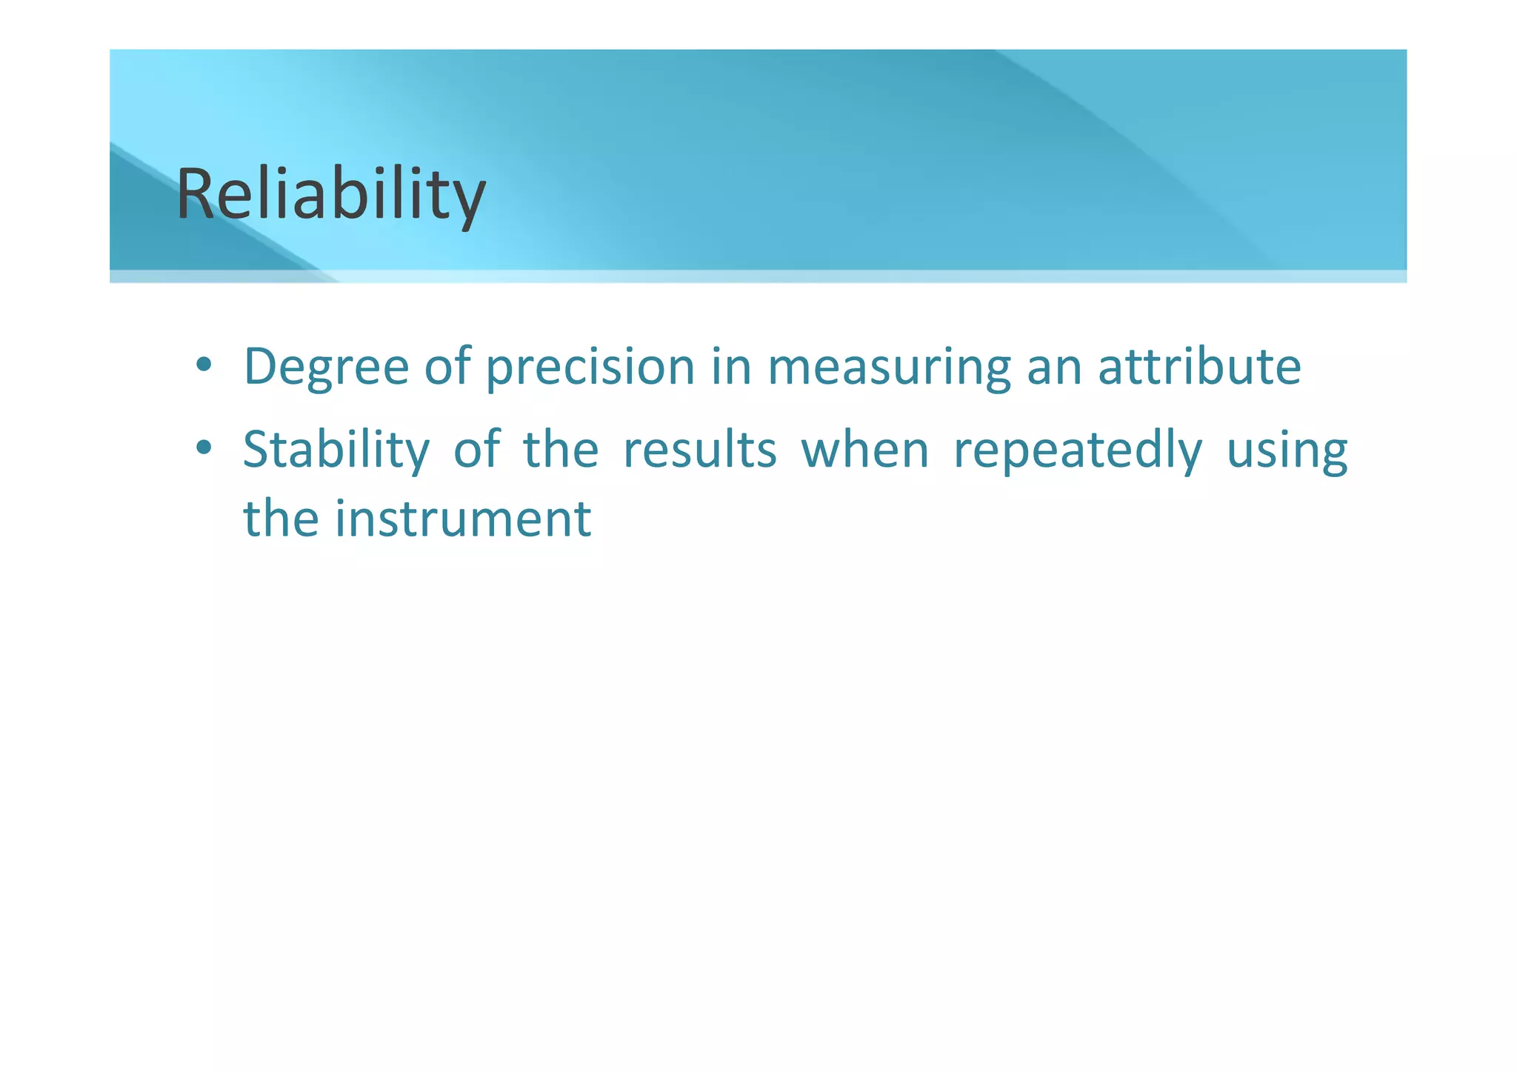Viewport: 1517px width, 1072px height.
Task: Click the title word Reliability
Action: click(x=331, y=194)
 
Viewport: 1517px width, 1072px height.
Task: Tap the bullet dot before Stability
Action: click(x=204, y=448)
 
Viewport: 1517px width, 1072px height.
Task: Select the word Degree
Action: click(x=326, y=367)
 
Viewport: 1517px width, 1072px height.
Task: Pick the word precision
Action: click(x=590, y=367)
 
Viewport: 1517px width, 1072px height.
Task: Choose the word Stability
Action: click(x=336, y=450)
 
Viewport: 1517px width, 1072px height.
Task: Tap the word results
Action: click(x=700, y=450)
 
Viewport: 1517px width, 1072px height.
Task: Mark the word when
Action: click(x=865, y=450)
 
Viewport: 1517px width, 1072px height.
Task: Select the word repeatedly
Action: click(x=1078, y=451)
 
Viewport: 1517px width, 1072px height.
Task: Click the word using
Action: click(x=1287, y=451)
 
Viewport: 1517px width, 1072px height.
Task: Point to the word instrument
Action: click(x=463, y=519)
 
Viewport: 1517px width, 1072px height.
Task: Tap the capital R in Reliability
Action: click(x=195, y=194)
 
